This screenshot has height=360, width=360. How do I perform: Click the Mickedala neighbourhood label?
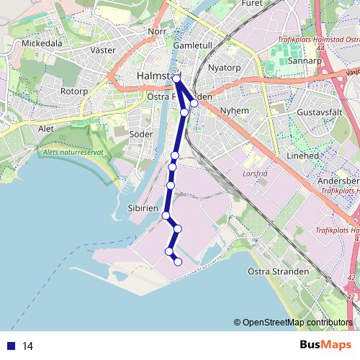(x=42, y=43)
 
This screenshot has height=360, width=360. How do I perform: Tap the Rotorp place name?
(x=73, y=91)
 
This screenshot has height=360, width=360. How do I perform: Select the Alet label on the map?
(x=46, y=128)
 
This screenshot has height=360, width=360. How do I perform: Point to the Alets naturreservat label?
(x=73, y=153)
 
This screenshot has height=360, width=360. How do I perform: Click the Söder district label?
(x=140, y=134)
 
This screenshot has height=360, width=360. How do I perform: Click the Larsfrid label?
(x=255, y=174)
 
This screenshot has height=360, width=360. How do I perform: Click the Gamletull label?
(x=192, y=45)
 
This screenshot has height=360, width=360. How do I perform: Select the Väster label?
(x=104, y=50)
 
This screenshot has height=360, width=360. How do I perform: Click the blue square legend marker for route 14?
(x=11, y=346)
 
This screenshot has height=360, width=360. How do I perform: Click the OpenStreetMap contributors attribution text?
(x=297, y=322)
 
